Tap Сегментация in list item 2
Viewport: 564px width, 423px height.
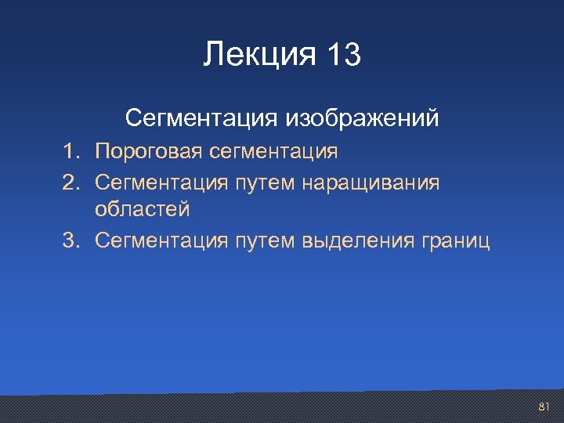[x=161, y=182]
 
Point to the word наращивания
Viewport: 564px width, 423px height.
[x=373, y=182]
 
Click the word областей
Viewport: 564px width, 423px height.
[x=142, y=210]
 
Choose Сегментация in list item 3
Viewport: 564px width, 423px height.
[x=161, y=240]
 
